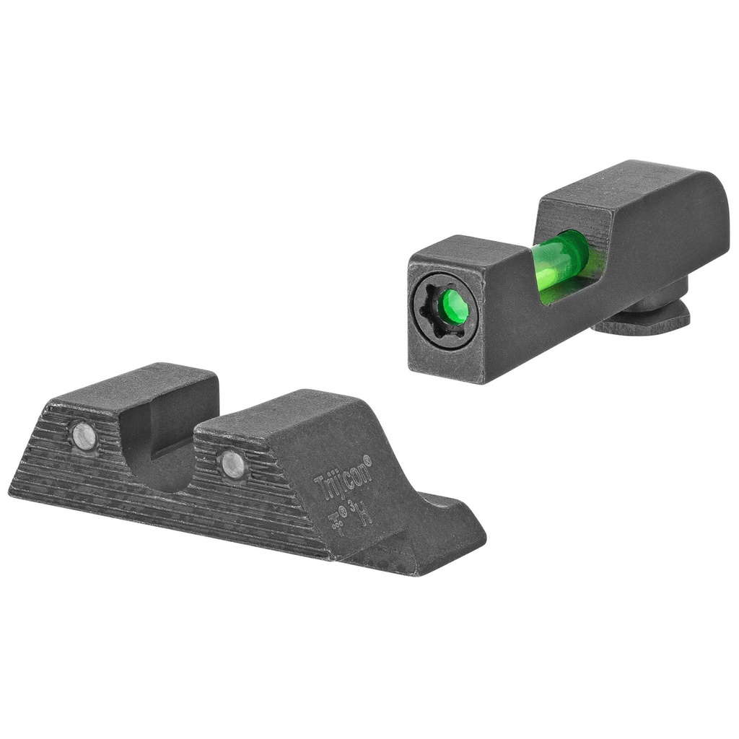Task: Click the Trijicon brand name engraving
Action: (x=341, y=477)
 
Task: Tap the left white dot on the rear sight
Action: (x=84, y=437)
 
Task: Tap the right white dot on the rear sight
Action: (x=232, y=464)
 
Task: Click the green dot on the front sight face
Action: (x=452, y=307)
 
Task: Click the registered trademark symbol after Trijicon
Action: (x=367, y=458)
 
